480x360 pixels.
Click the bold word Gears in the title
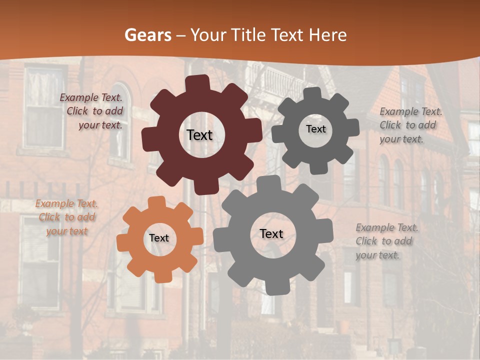click(x=147, y=35)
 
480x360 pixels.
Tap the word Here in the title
click(x=327, y=35)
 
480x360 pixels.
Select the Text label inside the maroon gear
click(x=199, y=135)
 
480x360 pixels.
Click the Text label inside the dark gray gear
click(x=315, y=129)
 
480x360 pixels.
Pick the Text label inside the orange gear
click(x=159, y=238)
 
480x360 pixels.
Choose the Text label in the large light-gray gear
click(x=271, y=234)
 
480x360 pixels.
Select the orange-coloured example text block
click(x=66, y=217)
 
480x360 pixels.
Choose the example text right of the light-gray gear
click(x=386, y=241)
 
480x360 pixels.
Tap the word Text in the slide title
click(x=287, y=35)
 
